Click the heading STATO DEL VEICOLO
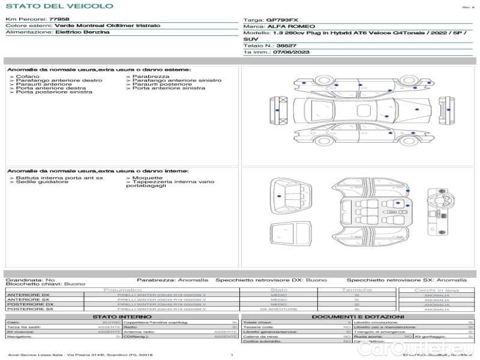pos(59,6)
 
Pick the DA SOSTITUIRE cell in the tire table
pos(278,309)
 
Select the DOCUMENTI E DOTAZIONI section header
pos(357,316)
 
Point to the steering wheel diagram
pos(437,197)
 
